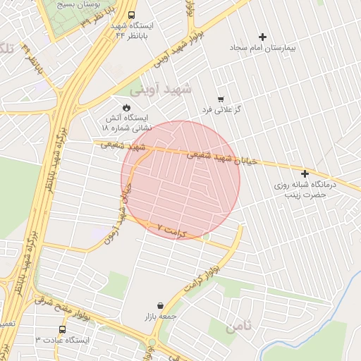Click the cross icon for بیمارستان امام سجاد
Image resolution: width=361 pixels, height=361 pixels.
coord(264,37)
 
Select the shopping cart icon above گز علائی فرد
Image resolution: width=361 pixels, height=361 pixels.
coord(221,99)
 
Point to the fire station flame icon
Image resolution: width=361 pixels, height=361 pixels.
coord(126,107)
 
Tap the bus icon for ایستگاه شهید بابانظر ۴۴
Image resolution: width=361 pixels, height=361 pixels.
coord(132,15)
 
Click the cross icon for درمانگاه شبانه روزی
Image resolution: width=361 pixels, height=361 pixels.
coord(305,173)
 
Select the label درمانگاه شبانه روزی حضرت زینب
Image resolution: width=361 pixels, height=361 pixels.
coord(305,189)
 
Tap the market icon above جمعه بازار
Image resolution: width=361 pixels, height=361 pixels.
coord(161,305)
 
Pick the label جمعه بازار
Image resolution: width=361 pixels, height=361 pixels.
coord(161,317)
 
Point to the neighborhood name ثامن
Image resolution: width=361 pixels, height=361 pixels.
coord(240,327)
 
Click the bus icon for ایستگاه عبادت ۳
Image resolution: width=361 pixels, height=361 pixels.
coord(63,329)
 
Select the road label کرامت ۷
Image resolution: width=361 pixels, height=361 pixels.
coord(173,231)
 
